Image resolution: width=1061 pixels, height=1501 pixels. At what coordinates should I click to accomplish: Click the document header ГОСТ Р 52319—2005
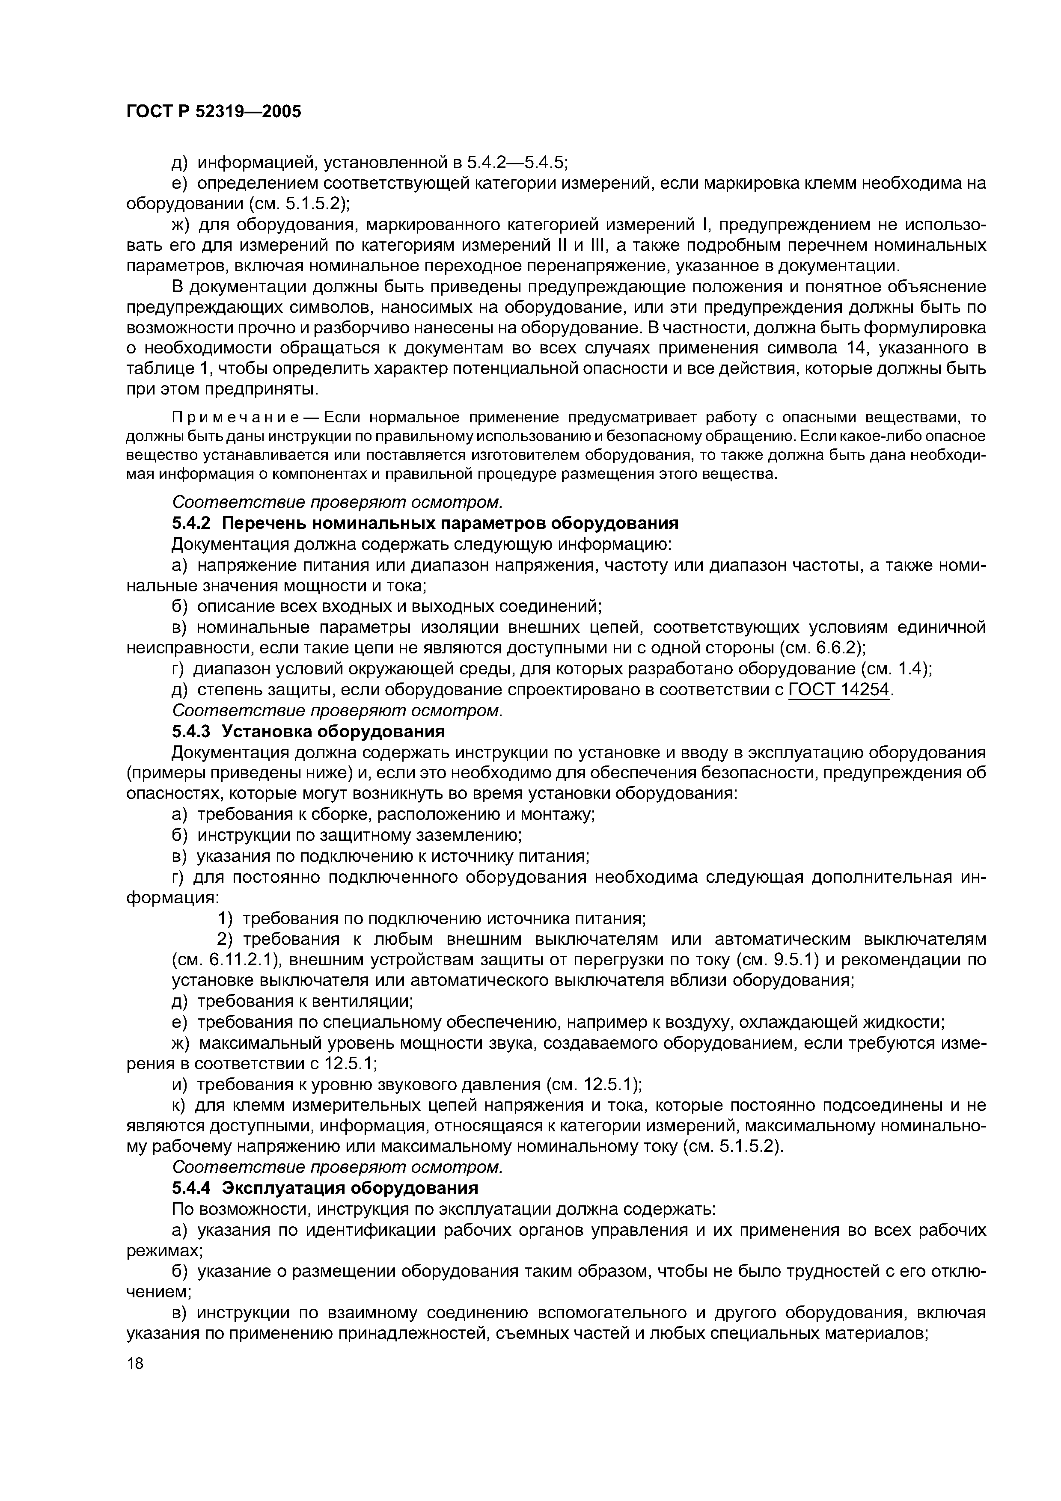(x=213, y=112)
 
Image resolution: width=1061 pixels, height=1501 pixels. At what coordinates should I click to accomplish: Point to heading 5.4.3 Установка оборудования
(x=307, y=731)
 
